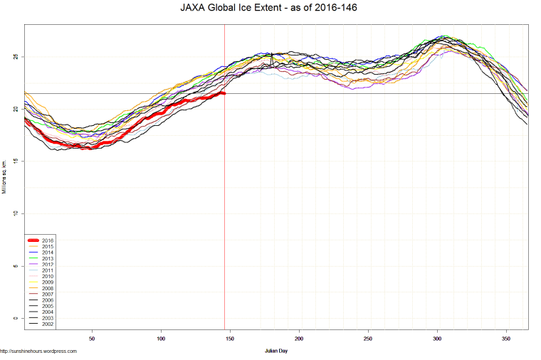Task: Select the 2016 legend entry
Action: (48, 240)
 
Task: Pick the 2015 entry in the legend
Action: (48, 247)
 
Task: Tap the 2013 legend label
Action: (48, 259)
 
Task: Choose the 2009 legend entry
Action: (48, 282)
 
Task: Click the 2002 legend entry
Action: (48, 324)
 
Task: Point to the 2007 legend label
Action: (48, 295)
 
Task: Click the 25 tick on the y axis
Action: (16, 57)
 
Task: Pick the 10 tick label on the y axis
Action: (16, 213)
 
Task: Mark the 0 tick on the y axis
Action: (16, 318)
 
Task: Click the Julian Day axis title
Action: (276, 351)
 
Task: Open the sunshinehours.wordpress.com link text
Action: (38, 351)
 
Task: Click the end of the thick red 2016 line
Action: (224, 93)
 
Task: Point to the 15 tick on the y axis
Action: (16, 162)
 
